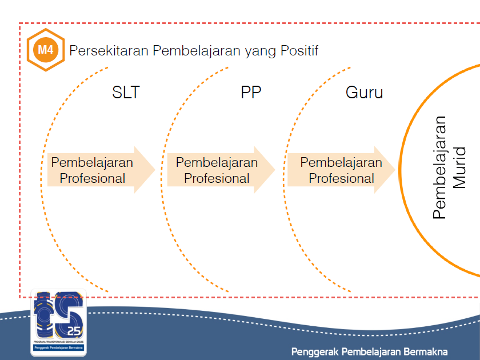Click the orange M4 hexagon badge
[x=46, y=50]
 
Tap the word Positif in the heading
[x=299, y=51]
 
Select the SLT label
[x=126, y=92]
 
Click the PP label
[x=251, y=92]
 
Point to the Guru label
[x=364, y=92]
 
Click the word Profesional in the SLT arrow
[x=93, y=178]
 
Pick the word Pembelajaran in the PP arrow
[x=217, y=162]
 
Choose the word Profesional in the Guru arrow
[x=341, y=178]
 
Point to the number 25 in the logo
[x=74, y=331]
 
